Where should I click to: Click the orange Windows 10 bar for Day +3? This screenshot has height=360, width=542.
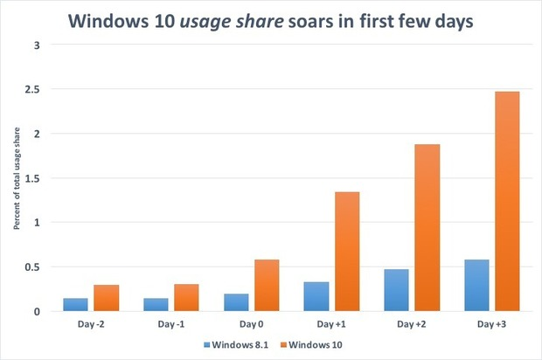coord(507,201)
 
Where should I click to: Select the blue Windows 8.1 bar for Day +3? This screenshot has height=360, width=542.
coord(477,285)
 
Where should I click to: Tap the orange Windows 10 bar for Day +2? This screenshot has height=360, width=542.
coord(427,227)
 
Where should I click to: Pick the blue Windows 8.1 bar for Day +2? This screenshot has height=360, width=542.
coord(397,290)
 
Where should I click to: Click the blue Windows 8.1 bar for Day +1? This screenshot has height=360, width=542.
coord(316,296)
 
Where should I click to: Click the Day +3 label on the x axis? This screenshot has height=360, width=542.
coord(491,324)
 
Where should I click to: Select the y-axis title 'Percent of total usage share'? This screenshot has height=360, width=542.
coord(17,178)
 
